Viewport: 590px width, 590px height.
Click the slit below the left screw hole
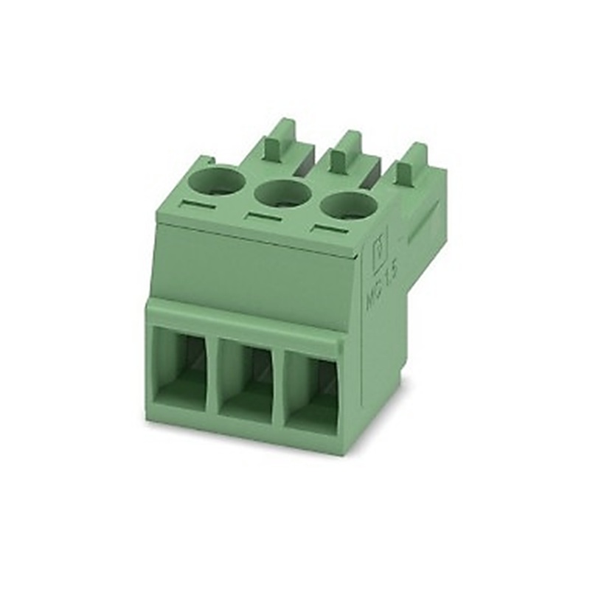pos(198,204)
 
